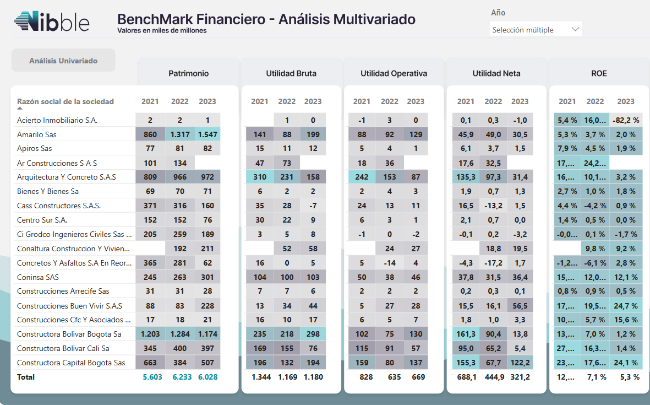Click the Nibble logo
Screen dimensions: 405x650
click(x=52, y=23)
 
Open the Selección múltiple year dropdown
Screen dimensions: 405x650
click(x=535, y=30)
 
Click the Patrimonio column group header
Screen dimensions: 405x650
click(x=188, y=73)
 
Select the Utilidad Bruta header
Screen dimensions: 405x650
click(x=291, y=73)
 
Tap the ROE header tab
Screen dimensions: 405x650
click(x=599, y=73)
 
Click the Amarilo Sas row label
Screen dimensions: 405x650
click(x=37, y=134)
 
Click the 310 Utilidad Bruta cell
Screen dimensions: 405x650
click(x=260, y=177)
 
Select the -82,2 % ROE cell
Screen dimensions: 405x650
click(x=626, y=120)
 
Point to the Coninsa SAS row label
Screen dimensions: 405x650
click(x=38, y=277)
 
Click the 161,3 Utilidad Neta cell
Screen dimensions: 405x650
click(x=466, y=334)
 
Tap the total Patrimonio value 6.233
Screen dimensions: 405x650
click(x=180, y=377)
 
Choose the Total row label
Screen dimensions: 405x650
click(x=26, y=377)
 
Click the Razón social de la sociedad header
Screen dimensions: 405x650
click(x=65, y=101)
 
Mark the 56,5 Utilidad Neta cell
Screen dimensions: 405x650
click(x=520, y=306)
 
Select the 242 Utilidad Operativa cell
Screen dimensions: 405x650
click(x=362, y=177)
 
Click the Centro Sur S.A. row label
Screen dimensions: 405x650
click(x=42, y=220)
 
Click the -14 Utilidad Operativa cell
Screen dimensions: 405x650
click(x=389, y=263)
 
